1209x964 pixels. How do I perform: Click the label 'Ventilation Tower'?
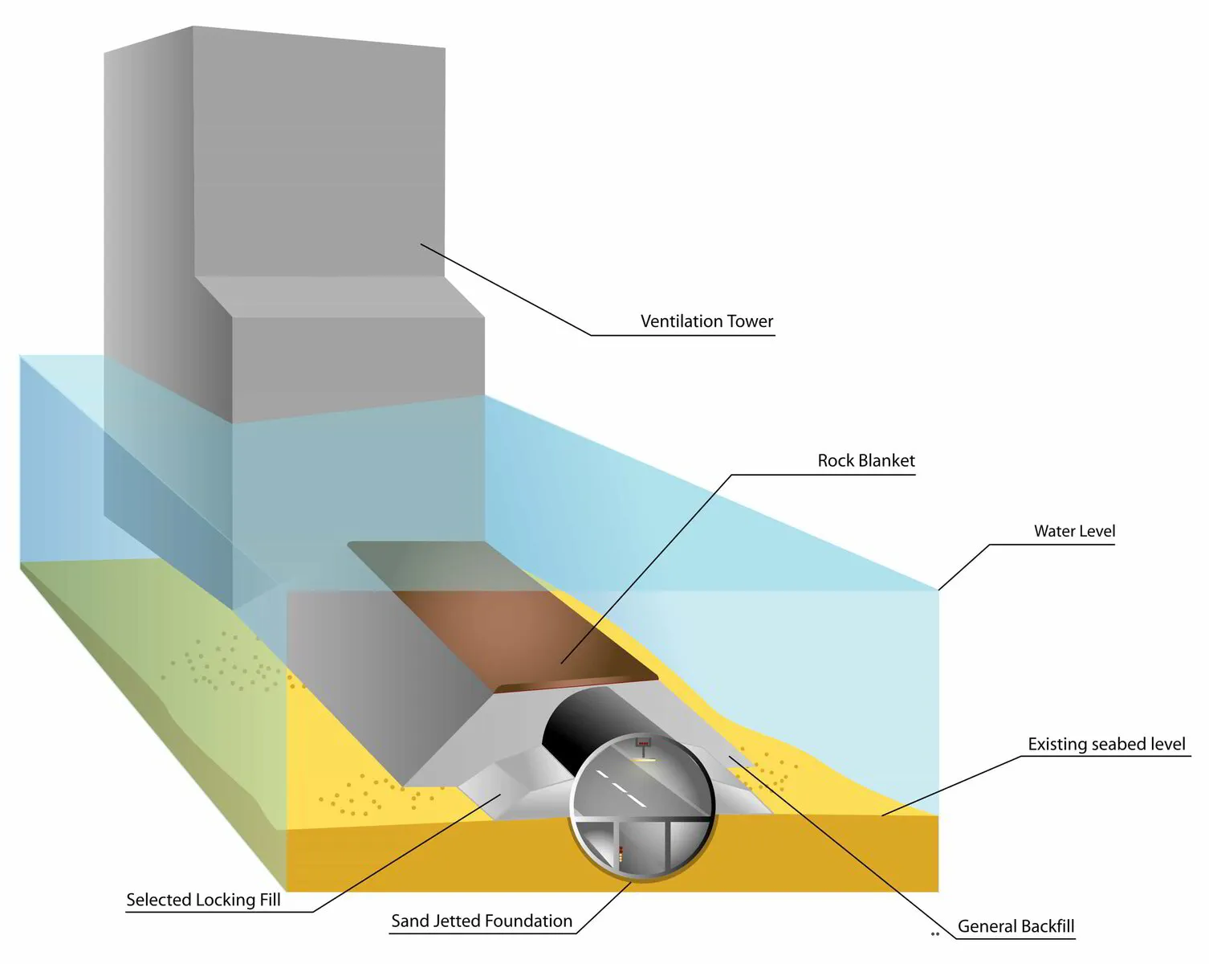coord(706,321)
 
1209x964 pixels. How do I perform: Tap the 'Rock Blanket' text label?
coord(865,461)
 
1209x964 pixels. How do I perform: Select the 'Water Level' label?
coord(1074,531)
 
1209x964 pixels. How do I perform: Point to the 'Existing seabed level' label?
coord(1106,745)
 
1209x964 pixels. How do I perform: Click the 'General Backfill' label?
coord(1016,926)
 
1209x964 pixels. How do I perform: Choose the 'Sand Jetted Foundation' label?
coord(482,921)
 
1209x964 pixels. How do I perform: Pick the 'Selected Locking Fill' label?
coord(203,900)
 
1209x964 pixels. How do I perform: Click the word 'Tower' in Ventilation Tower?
coord(750,321)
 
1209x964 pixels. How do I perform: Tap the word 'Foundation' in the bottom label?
coord(532,921)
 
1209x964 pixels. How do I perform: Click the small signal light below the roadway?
coord(621,854)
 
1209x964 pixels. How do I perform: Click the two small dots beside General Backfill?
coord(934,934)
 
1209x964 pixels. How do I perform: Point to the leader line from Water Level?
coord(963,567)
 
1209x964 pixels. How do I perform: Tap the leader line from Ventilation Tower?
coord(506,289)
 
